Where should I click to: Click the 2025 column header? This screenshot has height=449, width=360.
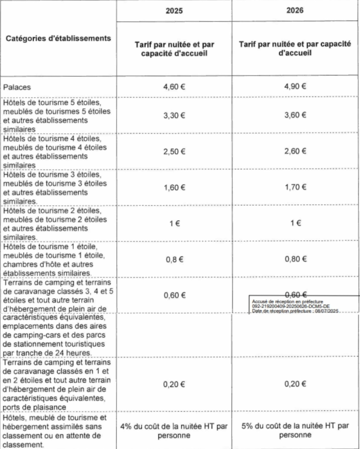tap(174, 11)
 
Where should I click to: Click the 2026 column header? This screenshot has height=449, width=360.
tap(295, 11)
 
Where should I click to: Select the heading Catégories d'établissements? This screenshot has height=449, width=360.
tap(58, 38)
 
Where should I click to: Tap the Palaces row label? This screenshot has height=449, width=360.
tap(17, 87)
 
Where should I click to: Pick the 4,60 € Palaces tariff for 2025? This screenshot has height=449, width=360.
tap(174, 87)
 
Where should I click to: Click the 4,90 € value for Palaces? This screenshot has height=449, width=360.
tap(295, 86)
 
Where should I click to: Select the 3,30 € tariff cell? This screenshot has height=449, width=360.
tap(174, 115)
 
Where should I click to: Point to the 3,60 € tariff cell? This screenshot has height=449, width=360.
tap(295, 115)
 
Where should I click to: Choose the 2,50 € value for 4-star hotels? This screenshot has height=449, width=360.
tap(174, 151)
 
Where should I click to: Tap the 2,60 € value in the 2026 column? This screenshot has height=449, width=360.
tap(295, 151)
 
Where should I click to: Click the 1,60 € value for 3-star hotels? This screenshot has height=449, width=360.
tap(174, 188)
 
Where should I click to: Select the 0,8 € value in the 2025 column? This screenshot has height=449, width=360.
tap(174, 260)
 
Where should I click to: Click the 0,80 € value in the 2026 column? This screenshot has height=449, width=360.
tap(296, 259)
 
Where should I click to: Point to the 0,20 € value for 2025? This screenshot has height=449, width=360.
tap(174, 384)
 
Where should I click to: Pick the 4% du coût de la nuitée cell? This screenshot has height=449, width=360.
tap(174, 431)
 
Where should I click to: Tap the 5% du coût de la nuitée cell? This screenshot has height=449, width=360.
tap(295, 430)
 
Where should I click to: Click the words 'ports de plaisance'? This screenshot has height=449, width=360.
tap(34, 407)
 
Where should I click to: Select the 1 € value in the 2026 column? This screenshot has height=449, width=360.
tap(296, 223)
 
